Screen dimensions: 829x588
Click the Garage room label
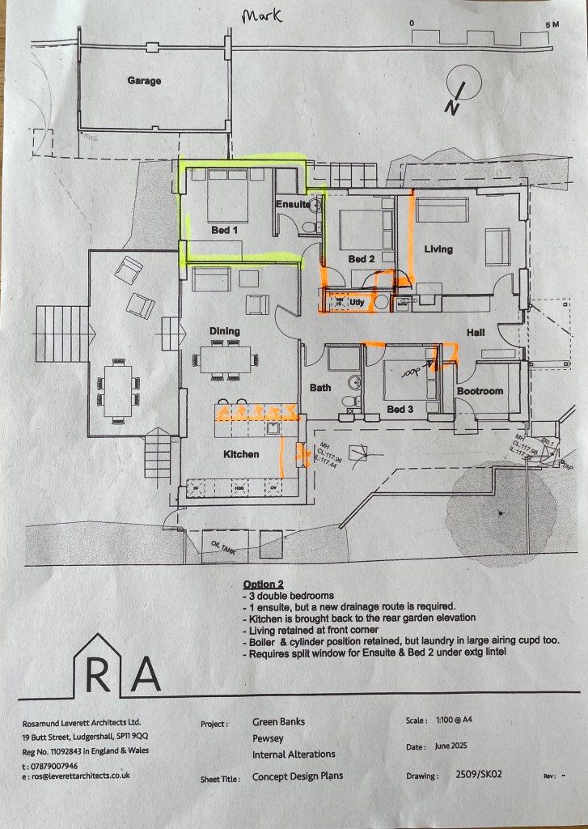pos(144,81)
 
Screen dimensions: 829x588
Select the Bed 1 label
pos(225,231)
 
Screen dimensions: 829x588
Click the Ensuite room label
pos(293,204)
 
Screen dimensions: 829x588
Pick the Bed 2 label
pos(362,259)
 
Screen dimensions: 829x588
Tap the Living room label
pos(438,249)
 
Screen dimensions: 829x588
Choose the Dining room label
pos(225,331)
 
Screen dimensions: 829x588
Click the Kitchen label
pos(241,454)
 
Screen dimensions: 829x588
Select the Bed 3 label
pos(400,410)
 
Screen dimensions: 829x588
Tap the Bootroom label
pos(480,391)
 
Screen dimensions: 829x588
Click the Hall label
pos(475,333)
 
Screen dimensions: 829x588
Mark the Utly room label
pos(356,302)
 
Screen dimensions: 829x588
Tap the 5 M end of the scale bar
pos(552,24)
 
